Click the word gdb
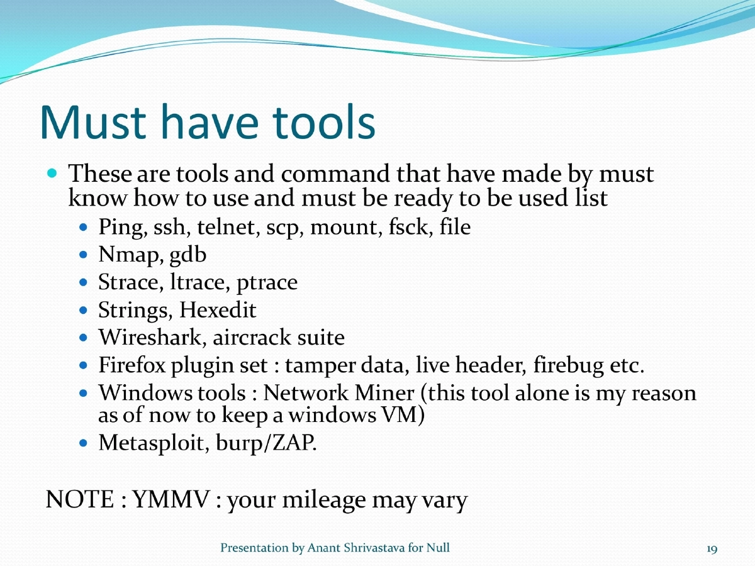tap(187, 256)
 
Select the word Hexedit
tap(218, 310)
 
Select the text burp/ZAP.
tap(266, 443)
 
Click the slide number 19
tap(712, 549)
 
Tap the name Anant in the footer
tap(323, 548)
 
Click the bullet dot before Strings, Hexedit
tap(86, 311)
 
